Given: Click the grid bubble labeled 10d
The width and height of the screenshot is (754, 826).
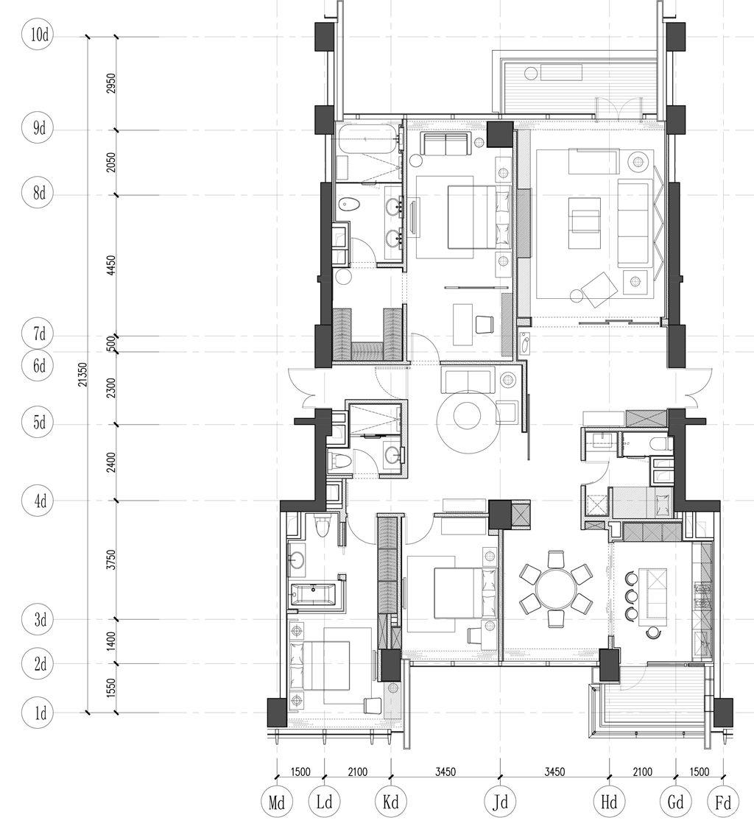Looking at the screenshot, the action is click(38, 36).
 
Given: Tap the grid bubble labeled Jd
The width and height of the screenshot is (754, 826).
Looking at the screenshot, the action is click(500, 802).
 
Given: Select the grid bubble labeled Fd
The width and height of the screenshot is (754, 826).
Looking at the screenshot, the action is click(723, 802).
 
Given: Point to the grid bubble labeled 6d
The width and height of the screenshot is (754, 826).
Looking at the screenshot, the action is click(38, 366).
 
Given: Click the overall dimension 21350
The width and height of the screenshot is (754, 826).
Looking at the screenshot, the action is click(83, 375).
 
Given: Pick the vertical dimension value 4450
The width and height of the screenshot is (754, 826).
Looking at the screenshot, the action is click(110, 266).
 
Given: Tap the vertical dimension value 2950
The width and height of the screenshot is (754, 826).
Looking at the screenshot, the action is click(110, 83).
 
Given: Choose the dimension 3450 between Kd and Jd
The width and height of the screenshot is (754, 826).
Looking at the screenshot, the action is click(445, 772).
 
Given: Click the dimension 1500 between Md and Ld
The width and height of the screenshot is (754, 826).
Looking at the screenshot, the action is click(300, 772).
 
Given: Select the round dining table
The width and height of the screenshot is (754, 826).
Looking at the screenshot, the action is click(555, 588).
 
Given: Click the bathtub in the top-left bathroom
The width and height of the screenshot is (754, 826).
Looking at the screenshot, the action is click(367, 139).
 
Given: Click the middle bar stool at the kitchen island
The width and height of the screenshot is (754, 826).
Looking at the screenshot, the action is click(630, 596).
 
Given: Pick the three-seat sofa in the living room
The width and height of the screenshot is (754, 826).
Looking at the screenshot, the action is click(633, 222).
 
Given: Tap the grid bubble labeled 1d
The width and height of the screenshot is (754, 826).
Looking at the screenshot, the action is click(38, 713).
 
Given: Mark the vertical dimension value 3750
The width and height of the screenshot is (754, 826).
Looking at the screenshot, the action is click(110, 560).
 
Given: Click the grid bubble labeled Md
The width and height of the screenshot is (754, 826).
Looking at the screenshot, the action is click(277, 802).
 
